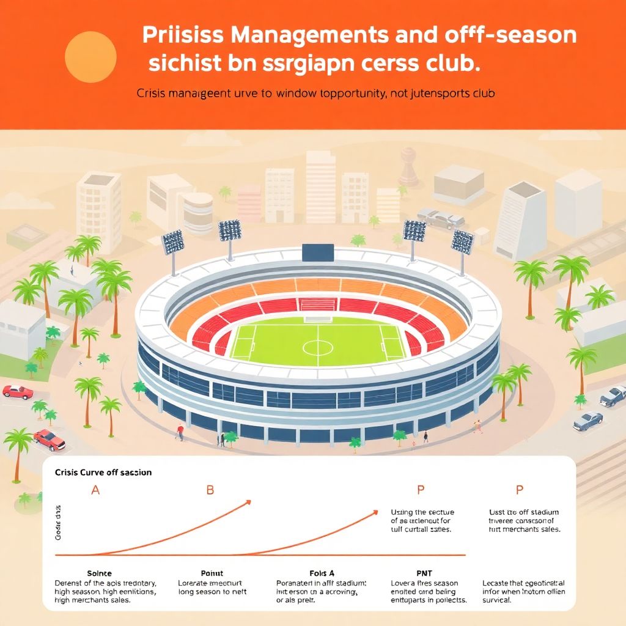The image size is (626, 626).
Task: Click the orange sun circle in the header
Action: click(x=90, y=57)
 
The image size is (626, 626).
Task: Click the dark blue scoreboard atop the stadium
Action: click(x=318, y=252)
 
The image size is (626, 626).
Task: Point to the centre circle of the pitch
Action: click(x=318, y=348)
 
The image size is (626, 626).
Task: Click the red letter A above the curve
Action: click(x=95, y=490)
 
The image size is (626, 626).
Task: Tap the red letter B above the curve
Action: click(x=210, y=490)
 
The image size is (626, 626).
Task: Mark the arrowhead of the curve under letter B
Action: click(x=248, y=503)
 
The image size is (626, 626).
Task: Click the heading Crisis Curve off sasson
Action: click(x=103, y=473)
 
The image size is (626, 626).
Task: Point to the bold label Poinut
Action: click(x=212, y=573)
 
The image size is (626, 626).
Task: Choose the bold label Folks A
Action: click(x=322, y=573)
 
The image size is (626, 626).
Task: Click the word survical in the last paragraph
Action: click(x=496, y=601)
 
